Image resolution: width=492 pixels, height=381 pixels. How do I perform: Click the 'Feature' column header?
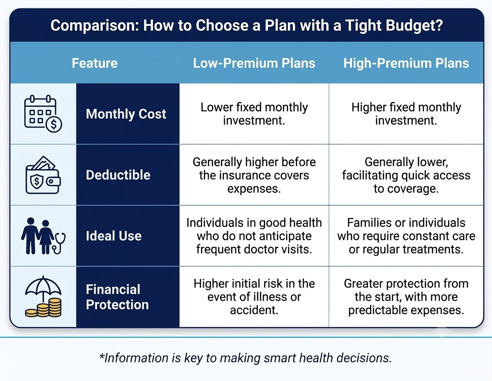[x=95, y=63]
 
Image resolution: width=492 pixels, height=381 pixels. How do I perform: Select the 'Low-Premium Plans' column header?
[x=254, y=63]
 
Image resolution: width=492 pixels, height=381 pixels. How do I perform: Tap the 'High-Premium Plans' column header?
[x=406, y=63]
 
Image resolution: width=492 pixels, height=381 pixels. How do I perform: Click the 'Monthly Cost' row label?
[x=126, y=114]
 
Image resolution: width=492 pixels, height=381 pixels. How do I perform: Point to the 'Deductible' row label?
[x=118, y=175]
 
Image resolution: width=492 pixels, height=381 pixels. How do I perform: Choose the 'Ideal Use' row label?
[x=113, y=236]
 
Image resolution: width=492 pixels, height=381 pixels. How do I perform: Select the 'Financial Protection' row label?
[x=117, y=297]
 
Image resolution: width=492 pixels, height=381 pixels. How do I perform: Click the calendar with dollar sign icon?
[x=43, y=114]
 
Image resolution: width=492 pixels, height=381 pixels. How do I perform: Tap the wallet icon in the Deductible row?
[x=43, y=175]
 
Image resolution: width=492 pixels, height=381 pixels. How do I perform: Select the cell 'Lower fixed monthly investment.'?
[x=254, y=114]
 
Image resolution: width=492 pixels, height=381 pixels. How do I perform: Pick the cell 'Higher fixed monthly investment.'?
[x=406, y=114]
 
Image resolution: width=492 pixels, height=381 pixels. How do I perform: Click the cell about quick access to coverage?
[x=406, y=175]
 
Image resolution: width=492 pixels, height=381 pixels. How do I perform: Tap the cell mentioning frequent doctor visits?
[x=254, y=236]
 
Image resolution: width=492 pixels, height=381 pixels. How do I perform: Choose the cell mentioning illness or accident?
[x=254, y=297]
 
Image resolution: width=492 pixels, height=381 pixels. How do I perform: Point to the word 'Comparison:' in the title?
[x=95, y=25]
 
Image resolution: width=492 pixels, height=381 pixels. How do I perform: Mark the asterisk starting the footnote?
[x=101, y=356]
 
